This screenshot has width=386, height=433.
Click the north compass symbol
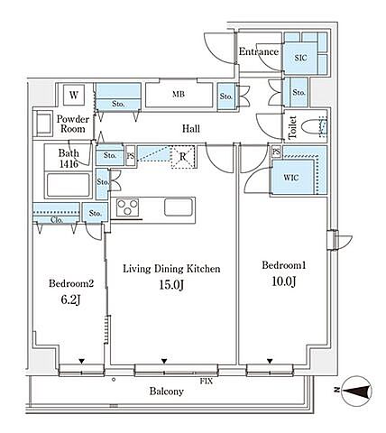(357, 392)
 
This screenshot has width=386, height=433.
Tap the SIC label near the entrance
(300, 58)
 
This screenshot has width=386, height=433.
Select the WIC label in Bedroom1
(291, 178)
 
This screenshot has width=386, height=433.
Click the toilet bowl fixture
(312, 127)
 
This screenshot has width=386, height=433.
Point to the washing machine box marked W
(74, 95)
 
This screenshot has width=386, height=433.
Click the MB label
(179, 94)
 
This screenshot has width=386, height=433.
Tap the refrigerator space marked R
(183, 157)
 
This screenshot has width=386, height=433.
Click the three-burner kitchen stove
(128, 207)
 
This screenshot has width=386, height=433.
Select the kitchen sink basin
(179, 207)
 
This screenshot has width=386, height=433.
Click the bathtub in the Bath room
(69, 185)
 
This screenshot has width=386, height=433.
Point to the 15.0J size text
(171, 284)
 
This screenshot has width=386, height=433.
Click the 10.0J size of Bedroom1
(284, 281)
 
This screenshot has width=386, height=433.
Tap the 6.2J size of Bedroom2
(70, 299)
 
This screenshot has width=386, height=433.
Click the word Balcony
(167, 392)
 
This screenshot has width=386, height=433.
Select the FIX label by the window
(207, 381)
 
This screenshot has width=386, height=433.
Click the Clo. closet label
(57, 220)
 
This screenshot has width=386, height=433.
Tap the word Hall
(191, 129)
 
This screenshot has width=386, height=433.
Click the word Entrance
(259, 51)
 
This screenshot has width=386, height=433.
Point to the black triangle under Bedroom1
(270, 361)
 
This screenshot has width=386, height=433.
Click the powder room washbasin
(42, 124)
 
